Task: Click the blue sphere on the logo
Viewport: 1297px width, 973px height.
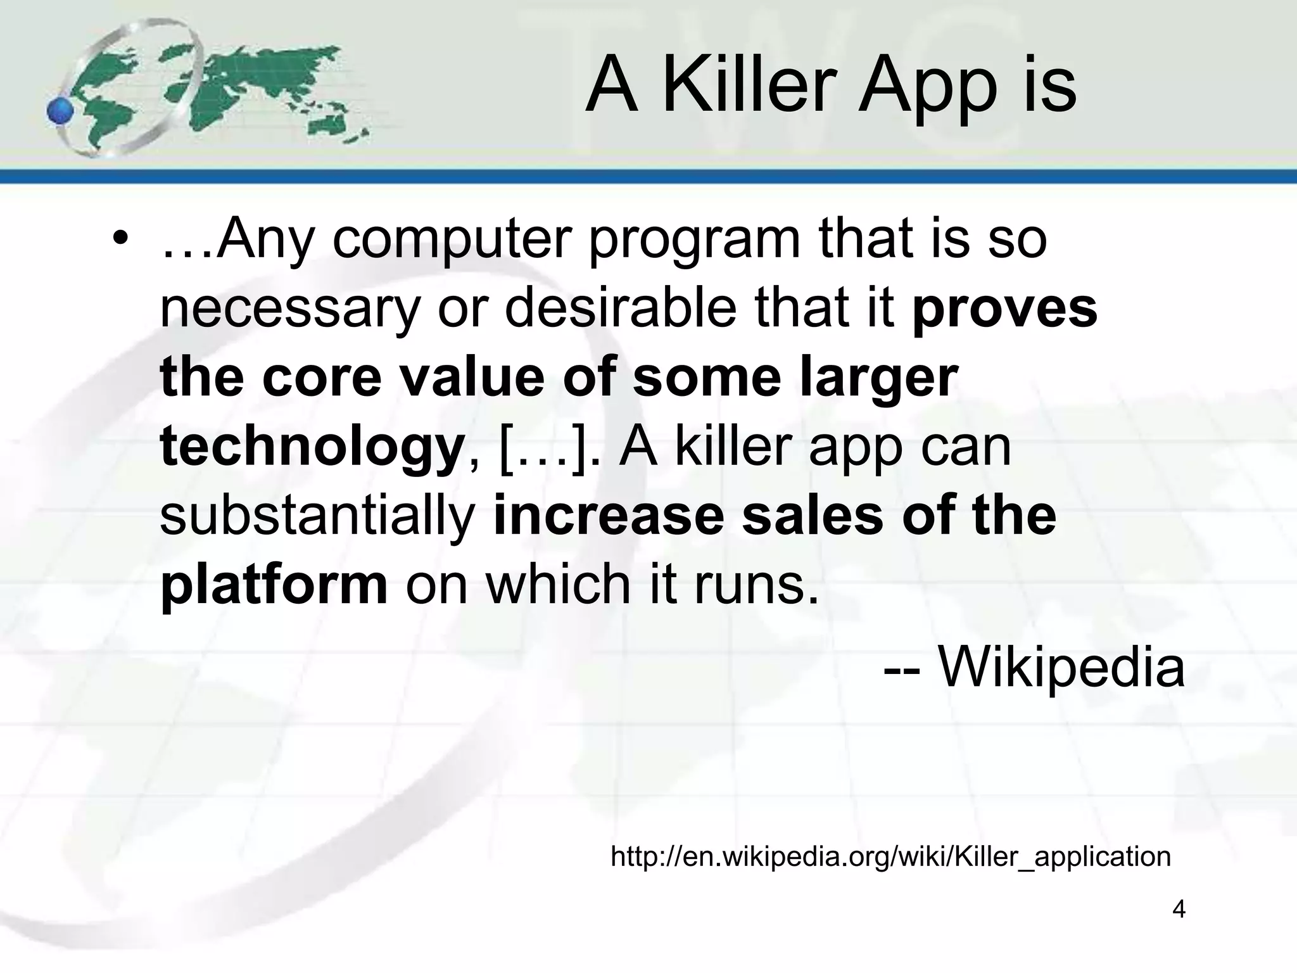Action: point(61,112)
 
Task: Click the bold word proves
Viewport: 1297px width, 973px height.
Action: point(1004,310)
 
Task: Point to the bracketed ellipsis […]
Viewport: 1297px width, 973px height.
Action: point(541,447)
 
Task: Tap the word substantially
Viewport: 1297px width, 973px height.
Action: point(317,516)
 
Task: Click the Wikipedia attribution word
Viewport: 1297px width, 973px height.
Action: point(1061,668)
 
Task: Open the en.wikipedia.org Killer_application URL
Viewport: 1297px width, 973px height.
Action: point(890,856)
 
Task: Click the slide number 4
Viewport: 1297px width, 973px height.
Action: point(1179,909)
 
